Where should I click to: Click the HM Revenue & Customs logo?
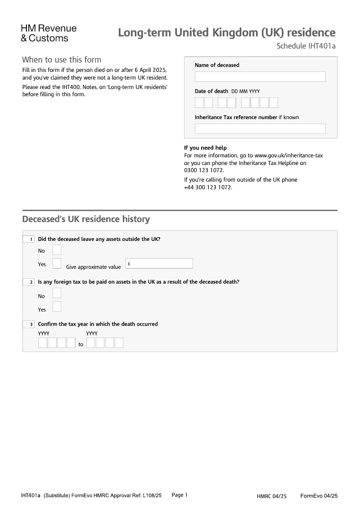(x=49, y=33)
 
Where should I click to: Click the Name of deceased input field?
(x=260, y=76)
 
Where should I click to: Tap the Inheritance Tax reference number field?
(x=260, y=129)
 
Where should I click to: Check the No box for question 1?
(x=57, y=250)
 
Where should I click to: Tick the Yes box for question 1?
(x=57, y=263)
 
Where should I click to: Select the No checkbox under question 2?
(x=57, y=293)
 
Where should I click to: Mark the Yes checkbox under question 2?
(x=57, y=307)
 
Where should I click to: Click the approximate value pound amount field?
(x=159, y=263)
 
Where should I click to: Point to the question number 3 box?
(x=28, y=324)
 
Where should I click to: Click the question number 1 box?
(x=28, y=239)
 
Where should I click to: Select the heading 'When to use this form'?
(x=62, y=60)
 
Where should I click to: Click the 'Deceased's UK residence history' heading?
(x=86, y=219)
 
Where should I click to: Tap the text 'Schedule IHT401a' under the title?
(x=306, y=46)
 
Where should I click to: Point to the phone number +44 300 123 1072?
(x=207, y=187)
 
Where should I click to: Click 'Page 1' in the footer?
(x=180, y=495)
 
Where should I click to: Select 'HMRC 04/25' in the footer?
(x=271, y=496)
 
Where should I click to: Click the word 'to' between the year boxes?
(x=81, y=344)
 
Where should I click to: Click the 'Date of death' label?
(x=211, y=91)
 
